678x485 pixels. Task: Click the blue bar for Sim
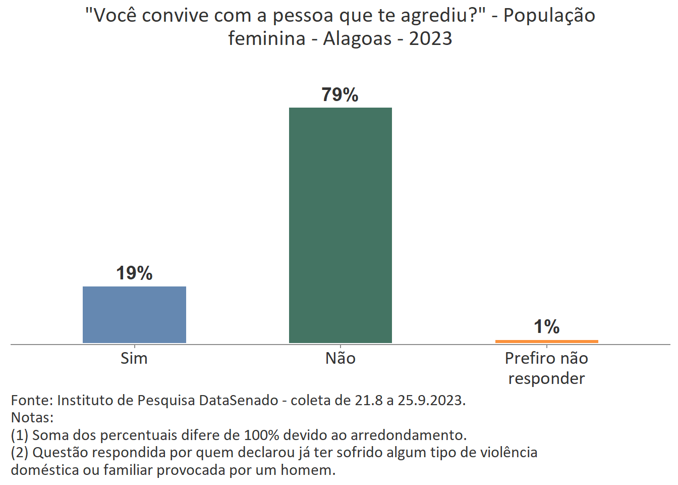pyautogui.click(x=134, y=314)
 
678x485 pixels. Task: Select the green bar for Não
pyautogui.click(x=340, y=225)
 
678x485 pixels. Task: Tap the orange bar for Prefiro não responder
pyautogui.click(x=546, y=342)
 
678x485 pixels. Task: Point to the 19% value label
pyautogui.click(x=134, y=273)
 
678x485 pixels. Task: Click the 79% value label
pyautogui.click(x=340, y=94)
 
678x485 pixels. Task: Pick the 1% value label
pyautogui.click(x=547, y=327)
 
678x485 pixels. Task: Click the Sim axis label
pyautogui.click(x=134, y=358)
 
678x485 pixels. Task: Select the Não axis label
pyautogui.click(x=341, y=358)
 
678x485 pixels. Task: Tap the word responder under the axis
pyautogui.click(x=546, y=378)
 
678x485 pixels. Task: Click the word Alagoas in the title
pyautogui.click(x=357, y=38)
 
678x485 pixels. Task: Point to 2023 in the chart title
pyautogui.click(x=430, y=38)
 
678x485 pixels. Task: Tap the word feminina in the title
pyautogui.click(x=266, y=38)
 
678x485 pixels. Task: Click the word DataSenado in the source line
pyautogui.click(x=239, y=400)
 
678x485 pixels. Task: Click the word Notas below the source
pyautogui.click(x=32, y=418)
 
